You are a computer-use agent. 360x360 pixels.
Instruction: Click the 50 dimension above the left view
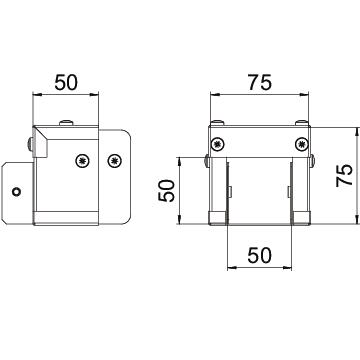point(66,82)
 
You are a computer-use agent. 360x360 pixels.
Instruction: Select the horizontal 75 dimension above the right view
point(260,82)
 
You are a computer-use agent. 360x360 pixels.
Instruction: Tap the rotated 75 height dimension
point(345,175)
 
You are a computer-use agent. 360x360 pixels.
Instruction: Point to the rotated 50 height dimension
point(166,191)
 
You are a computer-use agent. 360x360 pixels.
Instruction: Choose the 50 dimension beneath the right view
point(259,256)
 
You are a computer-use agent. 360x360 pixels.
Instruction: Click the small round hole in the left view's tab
point(16,192)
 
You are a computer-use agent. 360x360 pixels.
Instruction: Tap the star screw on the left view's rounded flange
point(115,161)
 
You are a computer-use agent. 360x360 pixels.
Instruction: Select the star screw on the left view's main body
point(83,161)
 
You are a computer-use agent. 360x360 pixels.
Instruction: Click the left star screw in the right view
point(218,144)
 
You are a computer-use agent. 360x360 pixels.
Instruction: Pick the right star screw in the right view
point(302,144)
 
